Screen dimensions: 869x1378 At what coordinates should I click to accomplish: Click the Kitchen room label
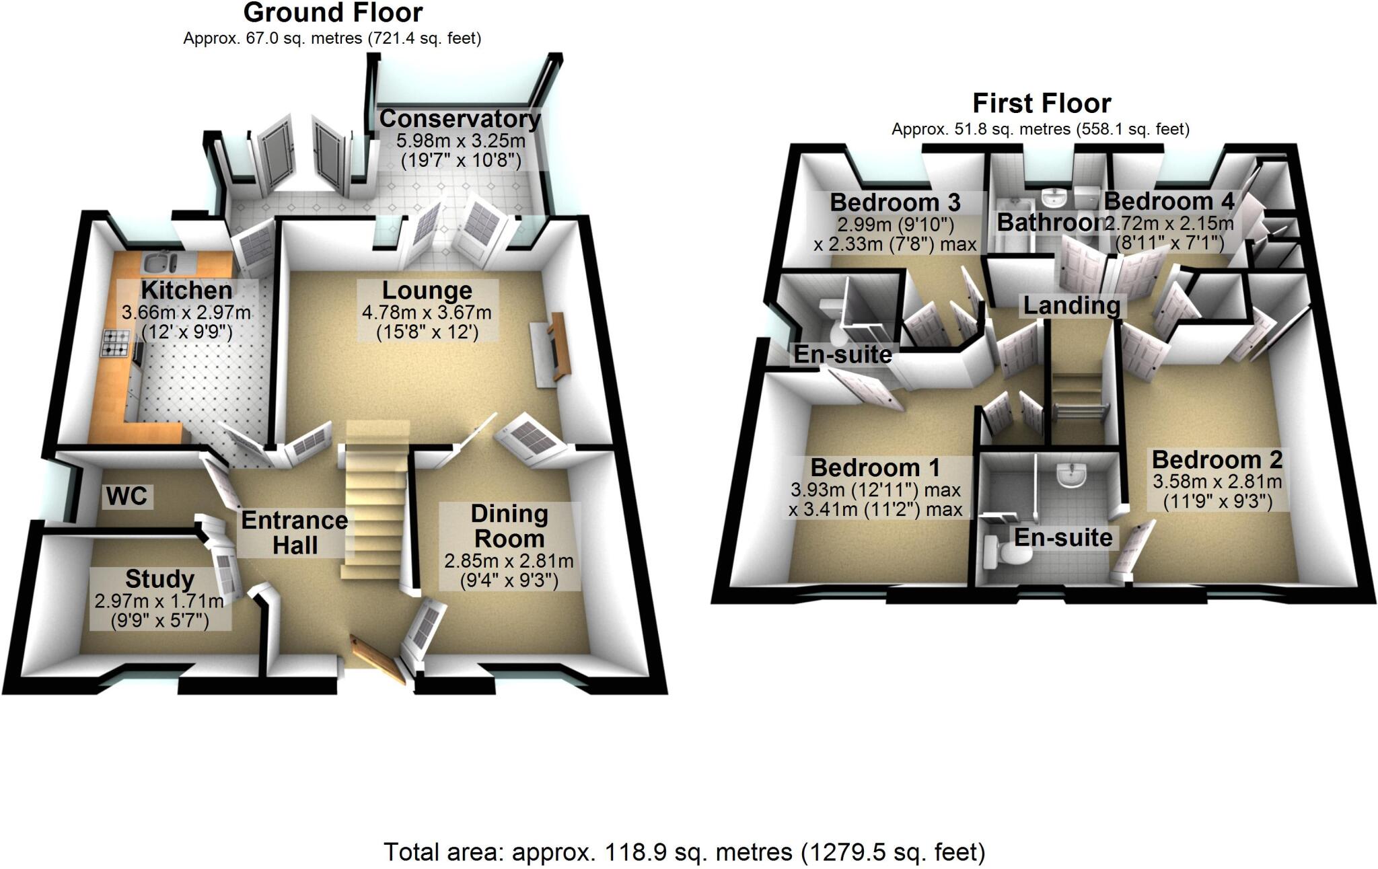pyautogui.click(x=186, y=291)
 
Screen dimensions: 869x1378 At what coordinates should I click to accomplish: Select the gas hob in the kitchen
pyautogui.click(x=116, y=343)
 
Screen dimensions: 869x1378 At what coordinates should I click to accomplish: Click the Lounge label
pyautogui.click(x=427, y=291)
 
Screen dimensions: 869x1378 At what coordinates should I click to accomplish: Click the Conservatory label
pyautogui.click(x=460, y=119)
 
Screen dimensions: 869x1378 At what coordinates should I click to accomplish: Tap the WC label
pyautogui.click(x=126, y=496)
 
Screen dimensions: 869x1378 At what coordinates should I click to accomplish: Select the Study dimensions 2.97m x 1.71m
pyautogui.click(x=159, y=600)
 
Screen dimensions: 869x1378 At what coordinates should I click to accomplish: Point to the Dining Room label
pyautogui.click(x=509, y=526)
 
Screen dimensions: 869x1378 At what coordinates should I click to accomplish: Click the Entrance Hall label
pyautogui.click(x=294, y=532)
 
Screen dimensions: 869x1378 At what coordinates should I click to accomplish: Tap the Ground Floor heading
pyautogui.click(x=332, y=13)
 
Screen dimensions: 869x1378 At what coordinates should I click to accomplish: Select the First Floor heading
pyautogui.click(x=1041, y=104)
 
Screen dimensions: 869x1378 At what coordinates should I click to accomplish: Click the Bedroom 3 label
pyautogui.click(x=895, y=202)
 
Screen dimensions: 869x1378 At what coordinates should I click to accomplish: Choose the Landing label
pyautogui.click(x=1071, y=305)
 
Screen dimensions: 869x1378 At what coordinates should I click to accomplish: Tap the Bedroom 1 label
pyautogui.click(x=875, y=467)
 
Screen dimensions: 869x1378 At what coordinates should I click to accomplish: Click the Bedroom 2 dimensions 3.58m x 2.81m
pyautogui.click(x=1217, y=482)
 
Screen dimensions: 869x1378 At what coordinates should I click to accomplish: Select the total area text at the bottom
pyautogui.click(x=684, y=852)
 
